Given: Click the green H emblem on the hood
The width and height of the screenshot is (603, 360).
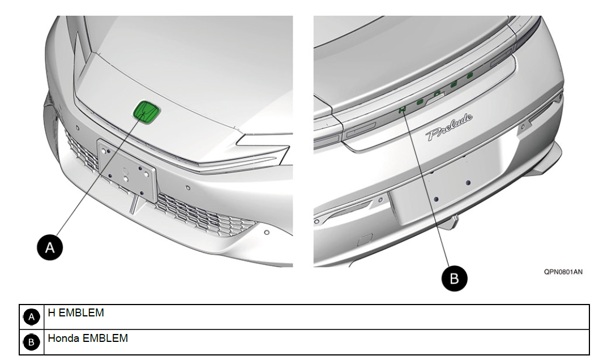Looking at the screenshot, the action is [146, 112].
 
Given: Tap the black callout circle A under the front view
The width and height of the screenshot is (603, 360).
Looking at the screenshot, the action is [50, 247].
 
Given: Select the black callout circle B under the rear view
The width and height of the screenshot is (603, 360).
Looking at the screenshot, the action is [454, 278].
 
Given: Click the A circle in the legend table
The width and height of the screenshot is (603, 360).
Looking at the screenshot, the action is [32, 318].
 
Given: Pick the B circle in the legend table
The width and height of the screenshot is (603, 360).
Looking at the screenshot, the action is [32, 342].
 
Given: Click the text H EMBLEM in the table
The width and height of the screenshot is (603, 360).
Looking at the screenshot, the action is [76, 312].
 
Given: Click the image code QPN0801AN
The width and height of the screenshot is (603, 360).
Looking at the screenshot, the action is [563, 272].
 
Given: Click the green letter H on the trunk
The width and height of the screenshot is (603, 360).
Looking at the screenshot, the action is [402, 110].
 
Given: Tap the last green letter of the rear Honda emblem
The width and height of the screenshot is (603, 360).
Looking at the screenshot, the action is [469, 76].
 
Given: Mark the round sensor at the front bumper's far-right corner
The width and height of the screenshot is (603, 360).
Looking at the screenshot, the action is [266, 232].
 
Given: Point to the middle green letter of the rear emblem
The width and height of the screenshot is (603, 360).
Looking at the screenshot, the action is [437, 93].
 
